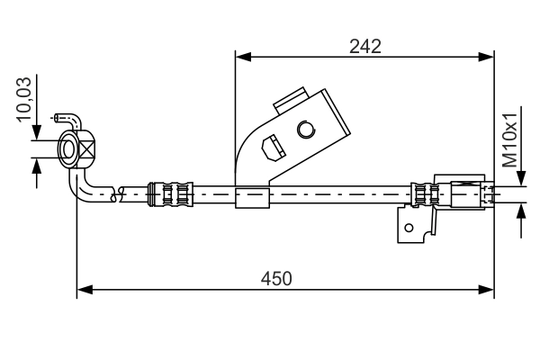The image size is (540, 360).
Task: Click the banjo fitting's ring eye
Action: pos(69,148)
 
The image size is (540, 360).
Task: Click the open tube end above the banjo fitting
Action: pos(58,117)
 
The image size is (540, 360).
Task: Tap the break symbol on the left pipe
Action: pos(113,192)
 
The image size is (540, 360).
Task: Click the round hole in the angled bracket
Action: pos(305,131)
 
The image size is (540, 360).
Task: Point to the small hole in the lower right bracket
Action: pos(409,227)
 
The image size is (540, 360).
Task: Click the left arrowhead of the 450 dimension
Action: pos(84,290)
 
